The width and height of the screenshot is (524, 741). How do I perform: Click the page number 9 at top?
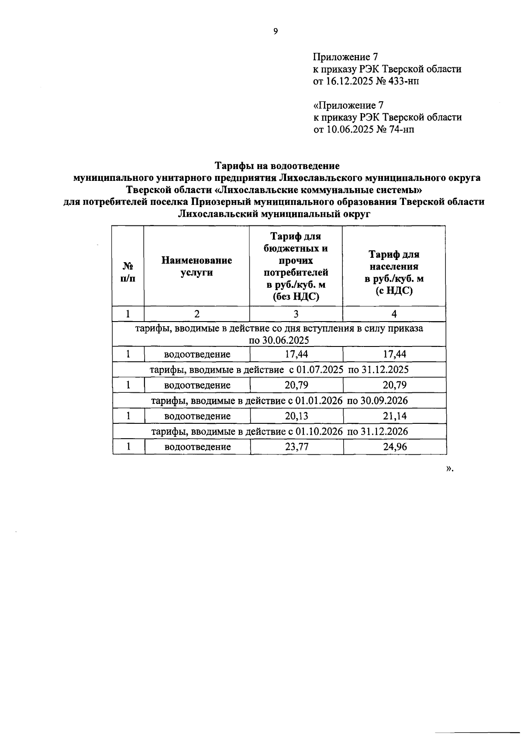click(275, 31)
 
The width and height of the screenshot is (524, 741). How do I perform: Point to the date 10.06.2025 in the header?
click(350, 129)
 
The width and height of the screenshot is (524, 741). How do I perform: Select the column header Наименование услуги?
click(196, 266)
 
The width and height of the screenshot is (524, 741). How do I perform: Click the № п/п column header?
click(128, 272)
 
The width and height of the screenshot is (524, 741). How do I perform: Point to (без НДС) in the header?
click(296, 297)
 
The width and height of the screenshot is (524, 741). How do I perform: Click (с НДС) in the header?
click(394, 291)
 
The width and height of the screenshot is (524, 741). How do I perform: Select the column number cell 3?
click(296, 314)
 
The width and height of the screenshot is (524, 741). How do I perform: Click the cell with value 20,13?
click(296, 416)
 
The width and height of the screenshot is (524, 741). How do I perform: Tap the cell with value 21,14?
click(395, 416)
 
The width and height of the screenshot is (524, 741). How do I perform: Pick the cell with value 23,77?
click(296, 447)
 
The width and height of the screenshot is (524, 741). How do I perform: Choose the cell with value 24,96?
click(395, 447)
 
